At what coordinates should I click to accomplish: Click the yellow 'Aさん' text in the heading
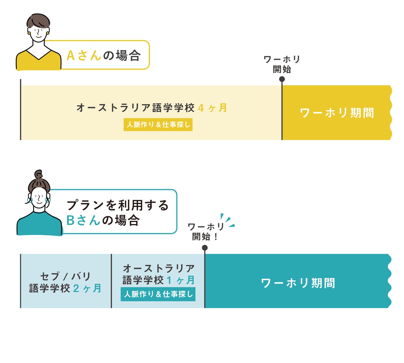[x=84, y=56]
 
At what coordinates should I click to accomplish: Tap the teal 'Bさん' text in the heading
[x=83, y=220]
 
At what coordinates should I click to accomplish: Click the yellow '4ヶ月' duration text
[x=212, y=108]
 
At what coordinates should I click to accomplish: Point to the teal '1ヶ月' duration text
[x=181, y=280]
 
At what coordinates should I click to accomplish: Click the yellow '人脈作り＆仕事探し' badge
[x=158, y=124]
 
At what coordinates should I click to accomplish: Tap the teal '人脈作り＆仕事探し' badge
[x=158, y=294]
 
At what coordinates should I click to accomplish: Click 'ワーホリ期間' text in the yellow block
[x=337, y=113]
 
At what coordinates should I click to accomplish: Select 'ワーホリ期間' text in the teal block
[x=298, y=283]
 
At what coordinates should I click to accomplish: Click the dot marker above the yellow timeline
[x=282, y=79]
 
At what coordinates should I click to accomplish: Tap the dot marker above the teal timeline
[x=205, y=248]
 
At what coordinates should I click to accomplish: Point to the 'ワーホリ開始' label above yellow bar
[x=282, y=64]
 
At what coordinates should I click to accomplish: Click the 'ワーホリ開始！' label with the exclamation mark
[x=206, y=232]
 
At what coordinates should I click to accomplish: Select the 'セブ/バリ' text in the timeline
[x=65, y=276]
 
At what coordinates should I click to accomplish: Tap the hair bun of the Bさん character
[x=38, y=175]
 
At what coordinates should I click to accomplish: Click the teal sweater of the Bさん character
[x=39, y=225]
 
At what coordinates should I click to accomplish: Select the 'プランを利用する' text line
[x=117, y=205]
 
